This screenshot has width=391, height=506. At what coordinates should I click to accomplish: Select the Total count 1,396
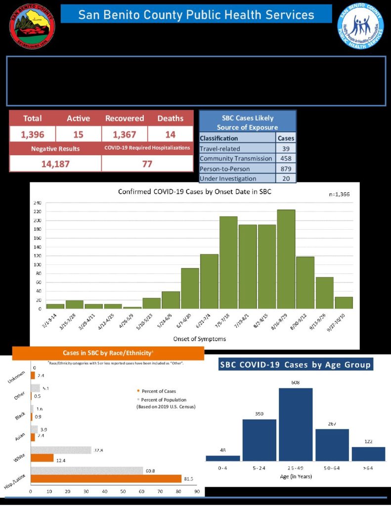tap(32, 134)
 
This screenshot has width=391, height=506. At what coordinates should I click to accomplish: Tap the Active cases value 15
tap(78, 134)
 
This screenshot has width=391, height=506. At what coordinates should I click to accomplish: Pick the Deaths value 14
tap(170, 134)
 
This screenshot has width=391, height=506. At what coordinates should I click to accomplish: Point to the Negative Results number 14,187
tap(55, 164)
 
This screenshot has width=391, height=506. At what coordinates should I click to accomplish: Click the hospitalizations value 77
tap(147, 164)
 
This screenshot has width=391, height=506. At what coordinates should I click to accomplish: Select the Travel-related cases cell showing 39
tap(286, 148)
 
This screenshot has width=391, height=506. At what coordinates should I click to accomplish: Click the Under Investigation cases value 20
tap(286, 178)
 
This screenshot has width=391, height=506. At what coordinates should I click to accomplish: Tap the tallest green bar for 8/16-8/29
tap(286, 259)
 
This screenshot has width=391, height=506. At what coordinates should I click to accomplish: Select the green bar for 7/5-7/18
tap(228, 262)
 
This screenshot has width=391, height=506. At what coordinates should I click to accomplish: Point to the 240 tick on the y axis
tap(37, 203)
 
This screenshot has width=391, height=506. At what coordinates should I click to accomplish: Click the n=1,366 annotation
tap(339, 194)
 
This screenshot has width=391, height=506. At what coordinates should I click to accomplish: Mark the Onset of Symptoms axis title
tap(193, 339)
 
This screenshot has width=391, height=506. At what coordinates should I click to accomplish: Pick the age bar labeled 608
tap(296, 424)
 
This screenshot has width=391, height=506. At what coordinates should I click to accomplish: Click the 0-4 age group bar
tap(222, 458)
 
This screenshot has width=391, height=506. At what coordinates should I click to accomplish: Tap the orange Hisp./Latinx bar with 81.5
tap(106, 478)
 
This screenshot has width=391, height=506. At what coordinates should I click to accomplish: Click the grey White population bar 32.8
tap(61, 450)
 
